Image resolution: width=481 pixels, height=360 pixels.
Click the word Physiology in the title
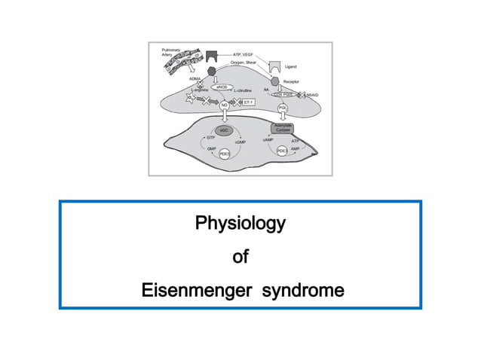click(x=240, y=224)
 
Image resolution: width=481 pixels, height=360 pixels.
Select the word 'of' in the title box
click(x=240, y=257)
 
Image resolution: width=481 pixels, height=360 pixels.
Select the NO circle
click(x=224, y=105)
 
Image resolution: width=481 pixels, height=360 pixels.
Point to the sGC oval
click(x=223, y=130)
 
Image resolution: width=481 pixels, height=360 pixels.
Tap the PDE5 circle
click(x=224, y=154)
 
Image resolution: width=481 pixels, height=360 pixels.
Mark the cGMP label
click(x=240, y=142)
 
